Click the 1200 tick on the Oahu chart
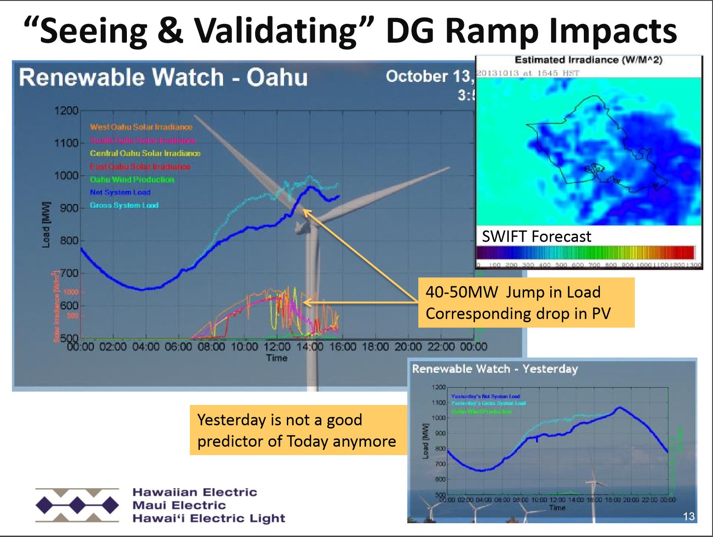[67, 111]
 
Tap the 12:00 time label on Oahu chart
[277, 346]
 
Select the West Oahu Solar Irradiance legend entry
[141, 127]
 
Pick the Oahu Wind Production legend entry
[132, 179]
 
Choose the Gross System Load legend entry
[124, 205]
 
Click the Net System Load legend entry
[120, 192]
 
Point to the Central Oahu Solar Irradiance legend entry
[145, 153]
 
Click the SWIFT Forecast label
[536, 237]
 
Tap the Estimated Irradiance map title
[588, 60]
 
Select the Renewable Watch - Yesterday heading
[495, 369]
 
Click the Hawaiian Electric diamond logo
[77, 505]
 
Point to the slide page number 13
[689, 516]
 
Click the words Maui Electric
[179, 505]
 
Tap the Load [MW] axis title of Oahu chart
[46, 225]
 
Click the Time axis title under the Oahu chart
[277, 358]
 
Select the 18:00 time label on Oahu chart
[376, 346]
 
